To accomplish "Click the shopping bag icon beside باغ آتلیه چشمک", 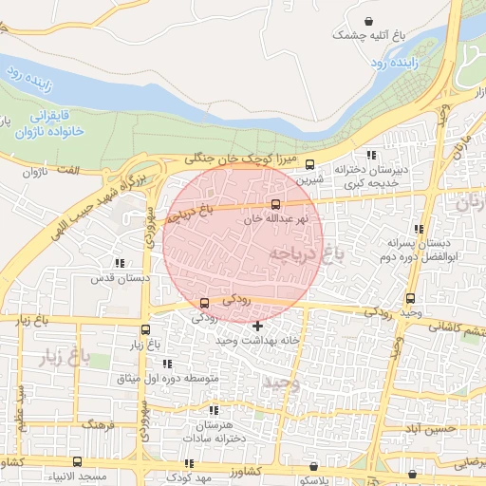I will [x=368, y=20].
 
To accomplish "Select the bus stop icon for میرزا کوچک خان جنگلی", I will [x=309, y=163].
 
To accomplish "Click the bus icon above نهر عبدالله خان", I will [x=276, y=203].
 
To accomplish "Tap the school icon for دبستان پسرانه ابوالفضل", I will [x=419, y=229].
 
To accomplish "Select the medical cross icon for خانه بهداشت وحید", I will [x=257, y=327].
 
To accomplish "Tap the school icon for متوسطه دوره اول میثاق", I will [x=167, y=364].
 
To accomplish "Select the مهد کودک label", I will [x=178, y=477].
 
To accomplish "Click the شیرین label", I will [x=310, y=178].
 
